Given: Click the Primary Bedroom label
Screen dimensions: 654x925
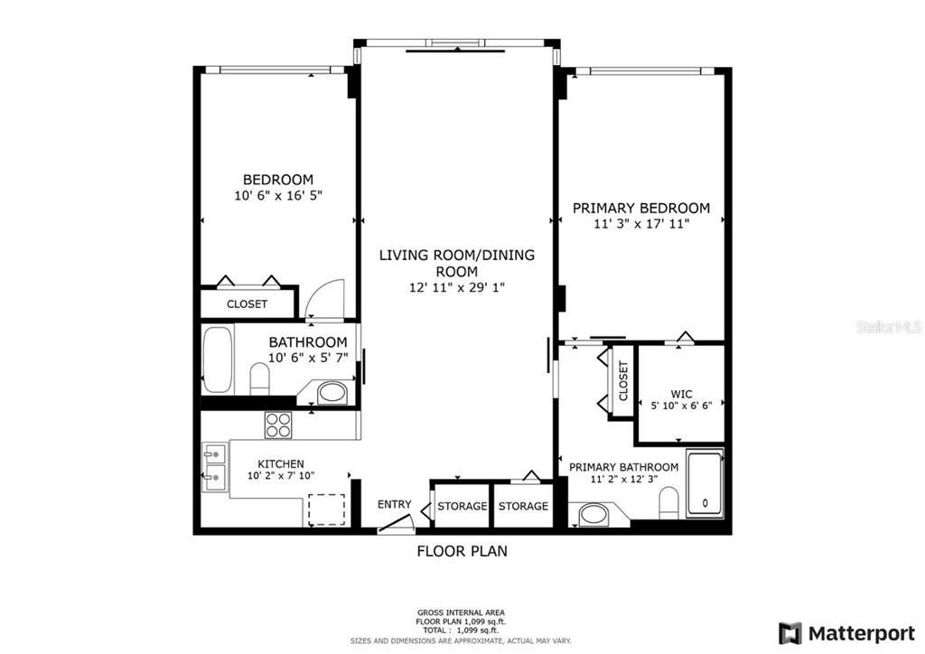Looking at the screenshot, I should [x=641, y=208].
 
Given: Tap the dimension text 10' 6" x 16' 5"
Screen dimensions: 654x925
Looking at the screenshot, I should [x=277, y=194].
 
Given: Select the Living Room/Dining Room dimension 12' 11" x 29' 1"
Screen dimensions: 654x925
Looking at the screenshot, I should [x=456, y=287].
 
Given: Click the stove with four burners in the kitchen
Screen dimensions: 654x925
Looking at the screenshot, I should [x=277, y=425].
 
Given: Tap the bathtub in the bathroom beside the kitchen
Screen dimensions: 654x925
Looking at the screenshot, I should [x=217, y=359].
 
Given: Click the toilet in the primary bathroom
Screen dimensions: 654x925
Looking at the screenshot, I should [x=668, y=502].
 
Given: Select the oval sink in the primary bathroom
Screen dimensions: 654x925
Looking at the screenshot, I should [x=593, y=516].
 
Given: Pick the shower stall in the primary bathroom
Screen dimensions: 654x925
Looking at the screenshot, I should [x=705, y=484].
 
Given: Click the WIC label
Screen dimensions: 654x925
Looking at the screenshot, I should [x=681, y=394].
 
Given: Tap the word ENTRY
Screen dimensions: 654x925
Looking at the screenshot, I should [x=395, y=504].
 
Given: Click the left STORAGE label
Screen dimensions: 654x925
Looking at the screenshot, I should [x=462, y=506].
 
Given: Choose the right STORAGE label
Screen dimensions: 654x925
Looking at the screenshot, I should [x=523, y=506].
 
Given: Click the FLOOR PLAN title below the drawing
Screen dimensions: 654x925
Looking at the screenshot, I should [x=462, y=550].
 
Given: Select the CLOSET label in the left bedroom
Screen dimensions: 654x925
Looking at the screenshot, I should [x=247, y=304].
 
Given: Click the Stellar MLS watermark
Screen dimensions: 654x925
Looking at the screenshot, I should [x=889, y=326].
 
